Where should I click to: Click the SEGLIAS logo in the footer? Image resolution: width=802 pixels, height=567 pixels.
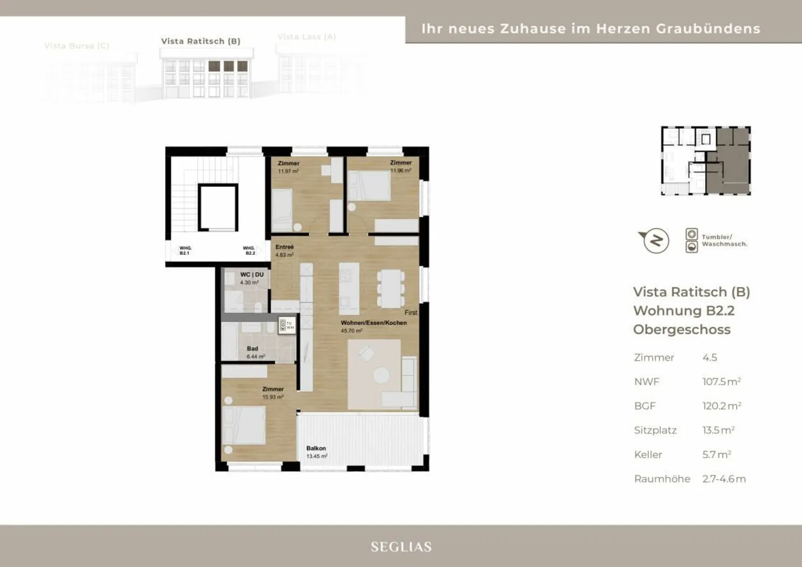click(x=401, y=547)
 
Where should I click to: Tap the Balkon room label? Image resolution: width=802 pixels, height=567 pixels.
click(x=316, y=448)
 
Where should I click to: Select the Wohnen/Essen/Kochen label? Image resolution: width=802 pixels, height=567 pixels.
click(x=374, y=323)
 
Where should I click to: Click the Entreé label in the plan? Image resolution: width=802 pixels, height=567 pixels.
click(x=284, y=247)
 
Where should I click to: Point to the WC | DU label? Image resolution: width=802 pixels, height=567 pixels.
click(x=252, y=275)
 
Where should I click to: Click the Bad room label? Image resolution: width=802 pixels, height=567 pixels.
click(x=252, y=349)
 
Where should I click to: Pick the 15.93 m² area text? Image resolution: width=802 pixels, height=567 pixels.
click(x=273, y=397)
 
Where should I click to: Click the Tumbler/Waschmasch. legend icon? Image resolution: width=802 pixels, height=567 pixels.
click(x=691, y=241)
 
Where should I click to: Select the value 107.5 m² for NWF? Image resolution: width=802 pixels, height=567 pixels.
click(x=721, y=382)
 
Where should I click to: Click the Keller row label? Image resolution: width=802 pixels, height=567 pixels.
click(x=648, y=454)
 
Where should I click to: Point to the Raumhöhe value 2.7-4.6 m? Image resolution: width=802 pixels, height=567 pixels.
click(x=723, y=479)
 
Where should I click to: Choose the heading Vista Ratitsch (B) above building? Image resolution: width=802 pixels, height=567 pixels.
click(x=200, y=41)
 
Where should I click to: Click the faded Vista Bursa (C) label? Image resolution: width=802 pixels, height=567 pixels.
click(x=77, y=46)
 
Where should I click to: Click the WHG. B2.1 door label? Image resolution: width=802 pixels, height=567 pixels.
click(x=185, y=251)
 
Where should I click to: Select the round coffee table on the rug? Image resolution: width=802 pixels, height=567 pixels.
click(x=382, y=375)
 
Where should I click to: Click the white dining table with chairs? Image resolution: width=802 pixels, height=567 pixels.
click(x=391, y=289)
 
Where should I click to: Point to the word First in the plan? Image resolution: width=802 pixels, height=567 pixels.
click(x=411, y=312)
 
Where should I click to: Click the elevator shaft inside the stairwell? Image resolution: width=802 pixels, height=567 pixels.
click(x=218, y=207)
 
